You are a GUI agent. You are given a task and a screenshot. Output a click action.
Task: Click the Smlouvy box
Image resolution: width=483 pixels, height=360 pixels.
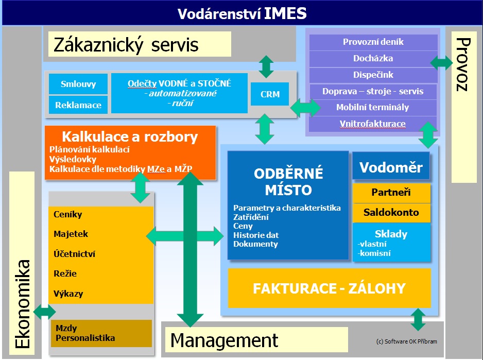click(78, 84)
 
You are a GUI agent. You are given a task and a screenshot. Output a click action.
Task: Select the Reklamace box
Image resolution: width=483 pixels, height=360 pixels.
click(78, 105)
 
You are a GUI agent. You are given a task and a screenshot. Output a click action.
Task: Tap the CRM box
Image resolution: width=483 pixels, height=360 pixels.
click(270, 94)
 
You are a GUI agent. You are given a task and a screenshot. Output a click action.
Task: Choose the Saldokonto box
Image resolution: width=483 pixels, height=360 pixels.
click(391, 213)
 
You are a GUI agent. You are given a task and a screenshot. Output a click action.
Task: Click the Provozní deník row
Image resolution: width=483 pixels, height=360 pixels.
click(373, 42)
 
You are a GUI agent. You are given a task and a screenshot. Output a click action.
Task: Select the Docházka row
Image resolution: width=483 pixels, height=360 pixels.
click(373, 59)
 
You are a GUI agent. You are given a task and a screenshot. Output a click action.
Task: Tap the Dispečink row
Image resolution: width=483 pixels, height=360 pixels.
click(373, 75)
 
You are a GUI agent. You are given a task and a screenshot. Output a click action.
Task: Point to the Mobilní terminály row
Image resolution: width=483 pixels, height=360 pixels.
click(373, 108)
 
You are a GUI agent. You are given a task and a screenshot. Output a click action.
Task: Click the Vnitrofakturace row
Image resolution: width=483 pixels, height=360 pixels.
click(373, 124)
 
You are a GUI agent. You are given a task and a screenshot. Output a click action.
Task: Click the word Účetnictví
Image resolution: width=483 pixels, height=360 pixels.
click(74, 254)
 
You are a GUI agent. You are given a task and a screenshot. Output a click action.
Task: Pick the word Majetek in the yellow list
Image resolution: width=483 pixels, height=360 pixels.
click(71, 234)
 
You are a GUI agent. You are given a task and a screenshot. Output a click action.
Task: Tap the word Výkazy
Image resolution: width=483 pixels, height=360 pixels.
click(68, 294)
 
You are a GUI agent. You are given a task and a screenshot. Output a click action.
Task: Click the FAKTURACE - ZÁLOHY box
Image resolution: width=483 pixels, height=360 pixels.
click(329, 288)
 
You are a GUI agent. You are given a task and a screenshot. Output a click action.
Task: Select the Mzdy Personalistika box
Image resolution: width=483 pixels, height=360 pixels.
click(101, 334)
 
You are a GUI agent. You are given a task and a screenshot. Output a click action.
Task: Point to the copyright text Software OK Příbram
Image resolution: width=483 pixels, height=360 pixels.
click(406, 341)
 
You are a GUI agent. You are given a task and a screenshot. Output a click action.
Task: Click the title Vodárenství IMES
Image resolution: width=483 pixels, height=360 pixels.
click(242, 14)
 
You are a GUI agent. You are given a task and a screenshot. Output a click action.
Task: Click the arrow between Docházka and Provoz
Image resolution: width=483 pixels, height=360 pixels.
click(441, 62)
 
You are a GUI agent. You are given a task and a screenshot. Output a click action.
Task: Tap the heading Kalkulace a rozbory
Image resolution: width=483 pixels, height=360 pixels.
click(130, 136)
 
